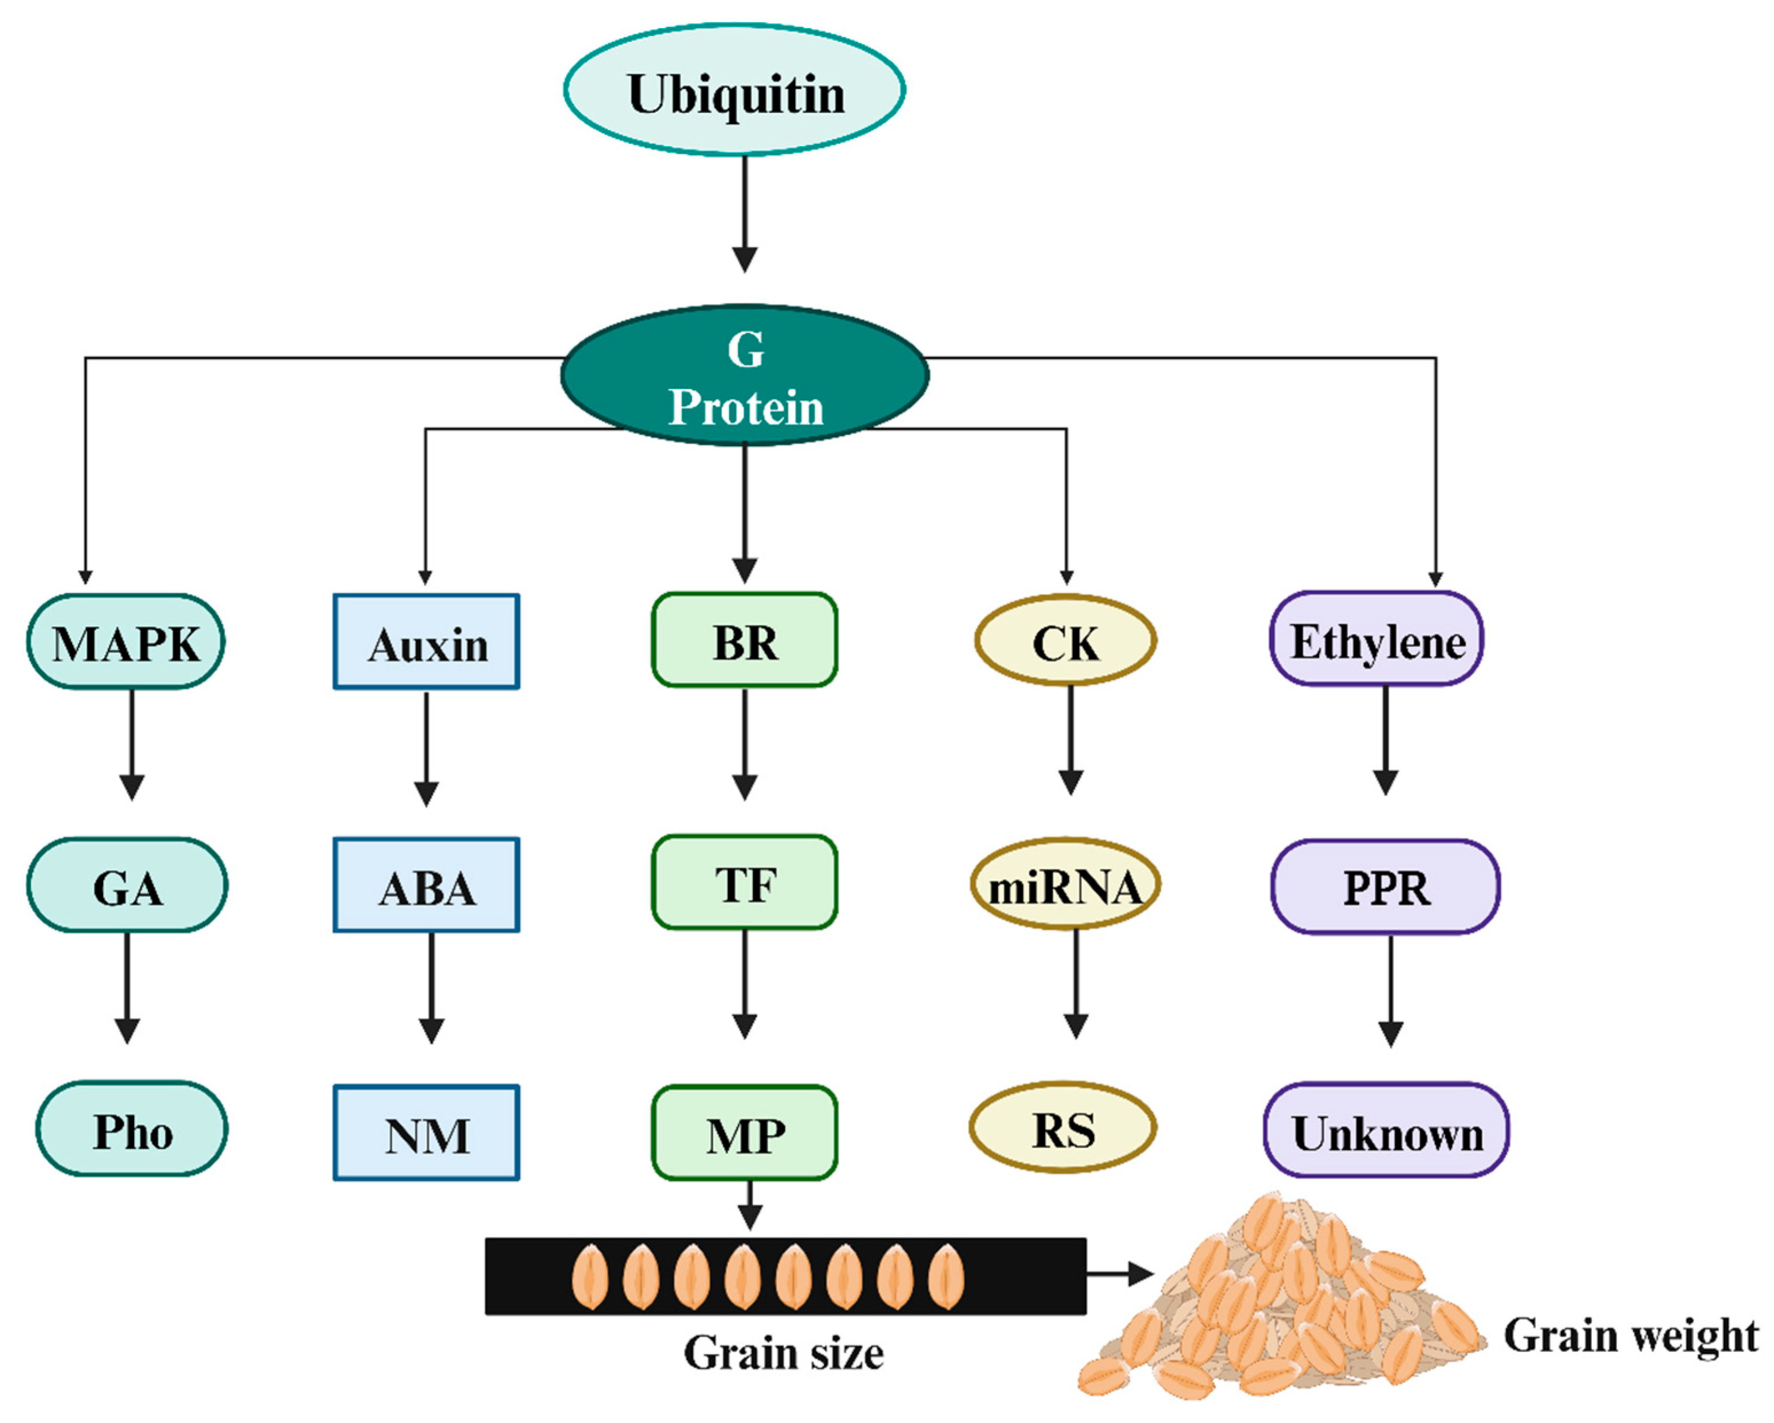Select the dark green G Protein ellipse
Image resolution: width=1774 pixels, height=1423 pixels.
(745, 376)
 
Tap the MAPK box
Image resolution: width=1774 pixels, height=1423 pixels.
(126, 643)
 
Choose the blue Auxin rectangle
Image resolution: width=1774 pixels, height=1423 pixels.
(426, 643)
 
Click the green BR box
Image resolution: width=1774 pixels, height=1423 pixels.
(745, 641)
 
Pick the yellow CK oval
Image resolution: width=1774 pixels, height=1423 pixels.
(1065, 641)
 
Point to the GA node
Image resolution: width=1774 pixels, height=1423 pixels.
(128, 886)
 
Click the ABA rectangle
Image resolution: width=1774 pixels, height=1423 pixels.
(426, 886)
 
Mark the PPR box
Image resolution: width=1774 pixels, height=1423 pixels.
(1386, 887)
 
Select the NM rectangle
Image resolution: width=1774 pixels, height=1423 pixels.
(426, 1133)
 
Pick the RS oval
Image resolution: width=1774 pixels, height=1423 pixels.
(1063, 1129)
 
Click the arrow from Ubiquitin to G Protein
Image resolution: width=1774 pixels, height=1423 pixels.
(745, 214)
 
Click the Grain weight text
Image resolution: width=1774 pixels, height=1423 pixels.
(1630, 1335)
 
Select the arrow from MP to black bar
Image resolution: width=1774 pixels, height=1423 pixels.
(750, 1206)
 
